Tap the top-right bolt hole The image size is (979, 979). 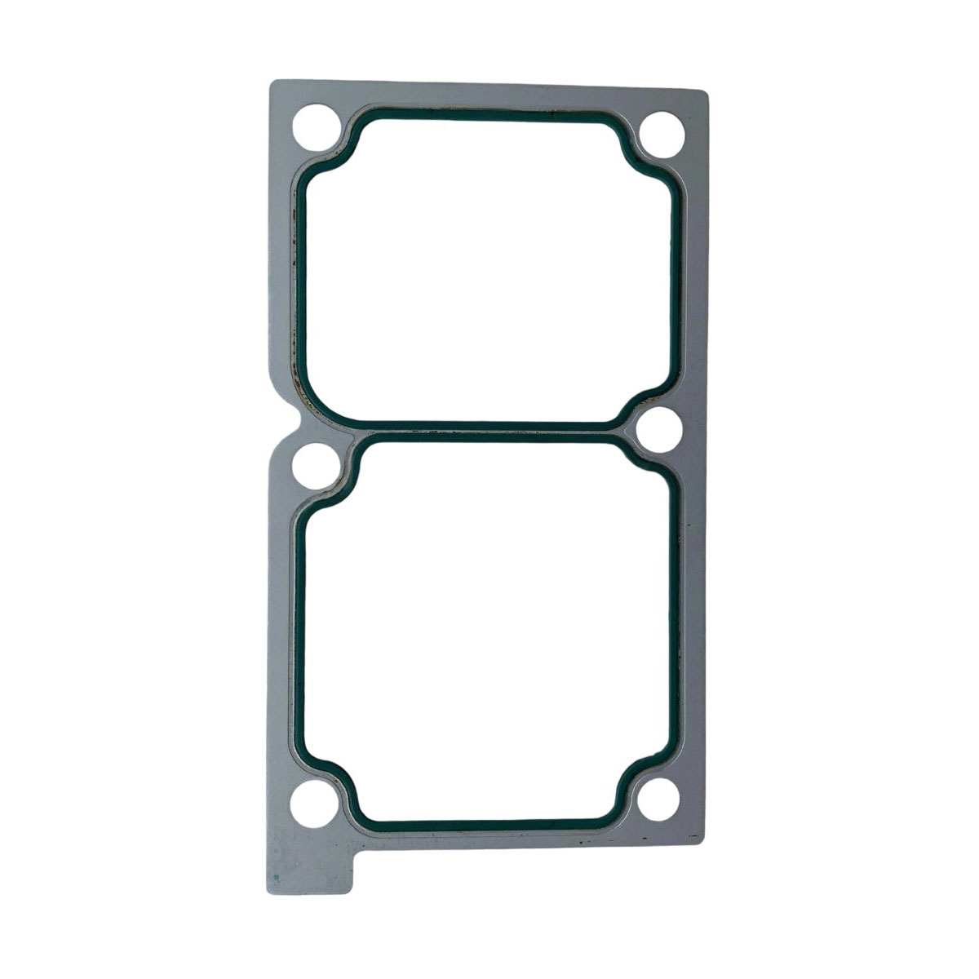tap(662, 133)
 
